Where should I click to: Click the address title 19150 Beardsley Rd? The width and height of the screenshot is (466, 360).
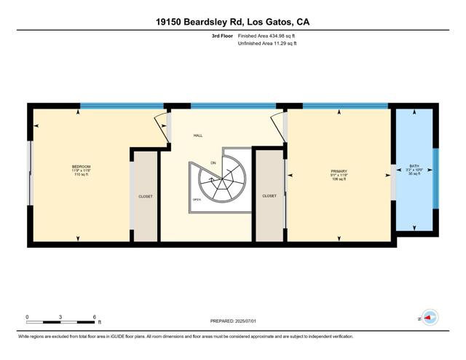point(233,22)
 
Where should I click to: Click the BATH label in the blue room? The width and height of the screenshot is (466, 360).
point(414,166)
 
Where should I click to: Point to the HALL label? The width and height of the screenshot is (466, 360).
point(198,136)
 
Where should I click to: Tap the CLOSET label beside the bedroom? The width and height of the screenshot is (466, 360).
point(146,196)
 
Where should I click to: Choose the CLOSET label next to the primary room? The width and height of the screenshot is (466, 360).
point(269,195)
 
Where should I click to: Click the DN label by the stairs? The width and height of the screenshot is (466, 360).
point(213,162)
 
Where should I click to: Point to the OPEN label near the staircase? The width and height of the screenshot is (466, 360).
point(197,199)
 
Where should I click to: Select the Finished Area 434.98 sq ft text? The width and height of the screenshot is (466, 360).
point(267,36)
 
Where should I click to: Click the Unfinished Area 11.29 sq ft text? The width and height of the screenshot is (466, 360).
point(267,44)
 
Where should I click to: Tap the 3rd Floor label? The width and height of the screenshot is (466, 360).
point(221,36)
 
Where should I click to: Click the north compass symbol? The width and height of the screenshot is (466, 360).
point(430,318)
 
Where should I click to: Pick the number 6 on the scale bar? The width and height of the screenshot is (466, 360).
point(95,316)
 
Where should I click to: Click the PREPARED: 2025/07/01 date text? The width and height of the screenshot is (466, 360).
point(233,320)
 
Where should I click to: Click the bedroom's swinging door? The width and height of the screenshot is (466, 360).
point(159,128)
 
